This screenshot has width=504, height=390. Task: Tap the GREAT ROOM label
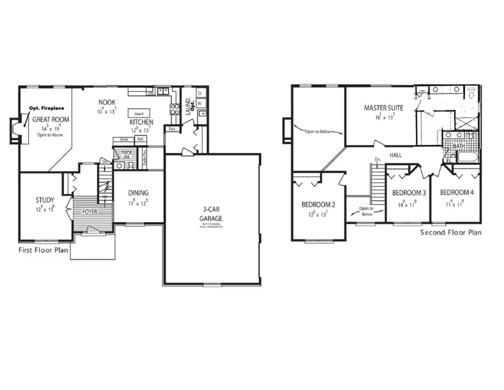coord(50,119)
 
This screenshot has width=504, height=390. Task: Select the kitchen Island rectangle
coord(138,113)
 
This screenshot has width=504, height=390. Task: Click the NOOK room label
coord(107,103)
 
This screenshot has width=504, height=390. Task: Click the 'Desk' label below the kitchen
coord(124,140)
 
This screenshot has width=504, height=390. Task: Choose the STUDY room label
coord(45,200)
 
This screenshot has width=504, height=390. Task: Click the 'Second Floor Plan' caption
coord(451,233)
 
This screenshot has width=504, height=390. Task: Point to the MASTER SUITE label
coord(384,108)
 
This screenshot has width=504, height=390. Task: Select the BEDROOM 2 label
coord(318,204)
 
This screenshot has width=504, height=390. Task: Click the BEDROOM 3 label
coord(408,193)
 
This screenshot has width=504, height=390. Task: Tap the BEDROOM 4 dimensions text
coord(455,204)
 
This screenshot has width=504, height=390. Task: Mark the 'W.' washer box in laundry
coord(200,103)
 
